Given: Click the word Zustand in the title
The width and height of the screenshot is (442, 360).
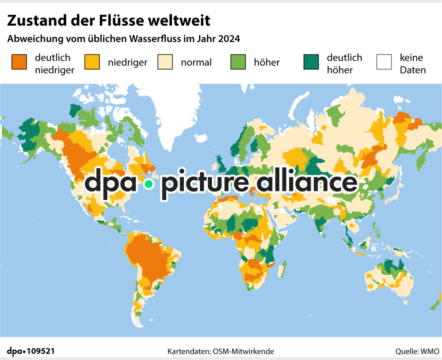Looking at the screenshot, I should (x=37, y=21).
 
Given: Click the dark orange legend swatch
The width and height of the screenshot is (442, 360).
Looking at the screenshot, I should (x=19, y=62).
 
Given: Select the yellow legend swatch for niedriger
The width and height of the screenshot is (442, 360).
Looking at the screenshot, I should (x=92, y=62).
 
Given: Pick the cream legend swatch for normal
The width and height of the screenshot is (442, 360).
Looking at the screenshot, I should (x=165, y=62).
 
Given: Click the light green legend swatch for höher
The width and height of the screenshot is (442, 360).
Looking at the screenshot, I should (x=238, y=62).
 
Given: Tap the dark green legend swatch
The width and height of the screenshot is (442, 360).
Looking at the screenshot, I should (x=311, y=62).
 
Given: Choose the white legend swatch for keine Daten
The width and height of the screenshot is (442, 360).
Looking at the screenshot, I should (x=384, y=62).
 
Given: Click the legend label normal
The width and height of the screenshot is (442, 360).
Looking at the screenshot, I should (x=196, y=62).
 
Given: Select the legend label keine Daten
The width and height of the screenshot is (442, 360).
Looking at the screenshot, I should (x=413, y=64).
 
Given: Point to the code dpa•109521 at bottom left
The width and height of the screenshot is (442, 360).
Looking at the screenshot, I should (x=31, y=351).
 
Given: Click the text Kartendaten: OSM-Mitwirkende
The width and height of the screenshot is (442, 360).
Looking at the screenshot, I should (x=221, y=351).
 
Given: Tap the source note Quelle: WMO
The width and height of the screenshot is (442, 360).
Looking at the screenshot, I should (x=417, y=351).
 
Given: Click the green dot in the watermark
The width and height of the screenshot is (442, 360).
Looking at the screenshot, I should (x=149, y=184).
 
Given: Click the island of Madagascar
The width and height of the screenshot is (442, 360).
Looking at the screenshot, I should (x=282, y=269).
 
